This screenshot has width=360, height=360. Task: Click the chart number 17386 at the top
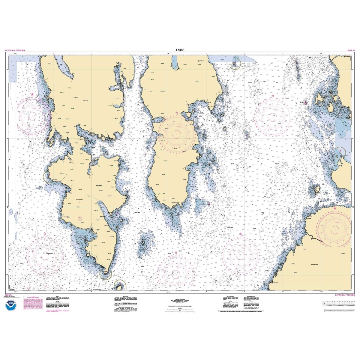(180, 51)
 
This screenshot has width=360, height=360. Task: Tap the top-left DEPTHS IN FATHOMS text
(15, 51)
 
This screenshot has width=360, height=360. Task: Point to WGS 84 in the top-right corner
(350, 51)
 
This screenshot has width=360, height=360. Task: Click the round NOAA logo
(9, 306)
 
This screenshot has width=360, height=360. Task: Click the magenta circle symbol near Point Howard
(79, 218)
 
